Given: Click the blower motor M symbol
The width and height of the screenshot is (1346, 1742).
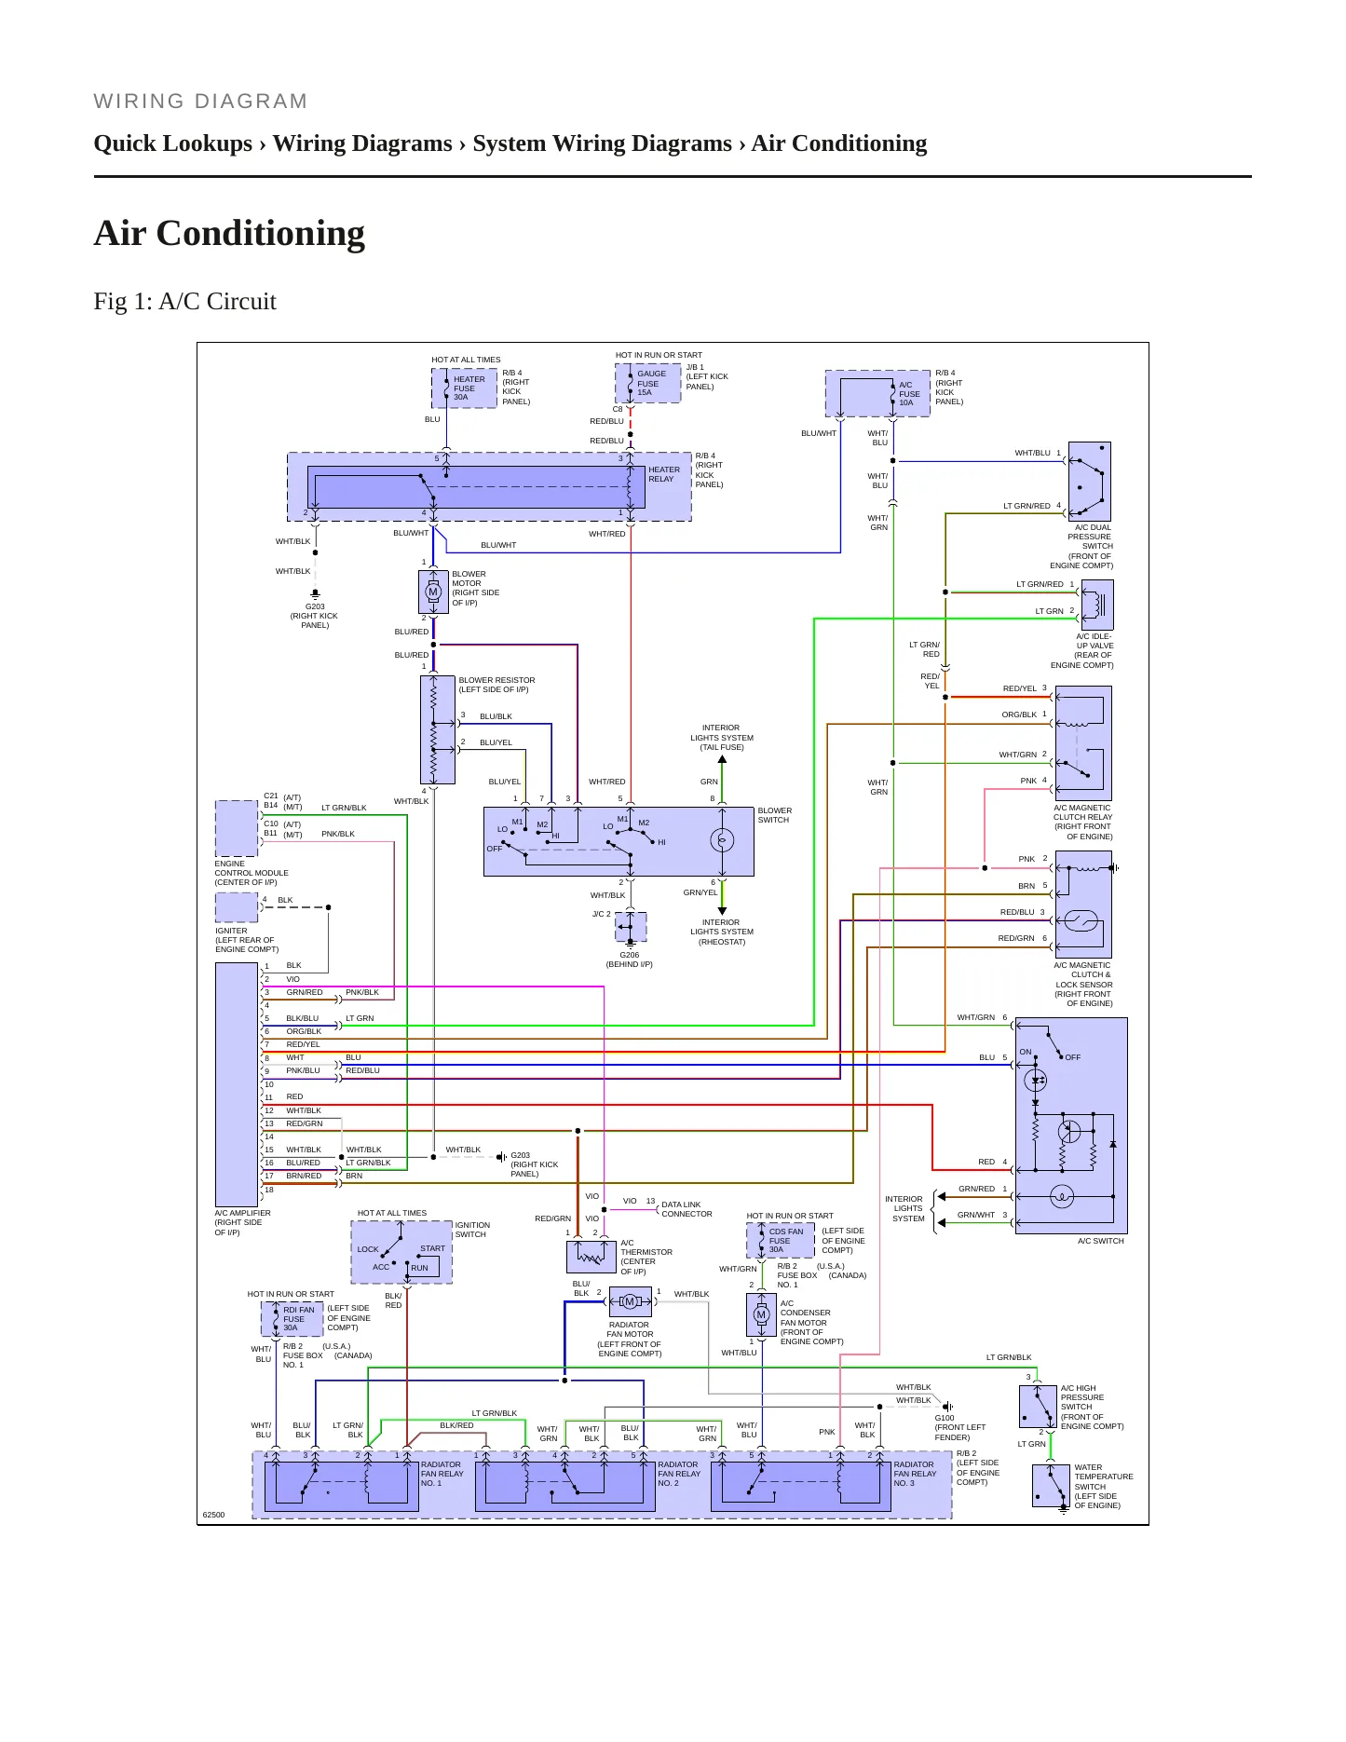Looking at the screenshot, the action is point(433,592).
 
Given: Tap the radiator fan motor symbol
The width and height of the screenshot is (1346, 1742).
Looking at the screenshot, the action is point(630,1301).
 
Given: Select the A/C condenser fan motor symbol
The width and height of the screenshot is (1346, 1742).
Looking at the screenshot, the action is point(761,1314).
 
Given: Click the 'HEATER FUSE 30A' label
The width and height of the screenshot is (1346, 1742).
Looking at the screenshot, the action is point(469,388).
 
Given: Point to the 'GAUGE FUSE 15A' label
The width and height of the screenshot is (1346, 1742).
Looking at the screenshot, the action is point(651,383).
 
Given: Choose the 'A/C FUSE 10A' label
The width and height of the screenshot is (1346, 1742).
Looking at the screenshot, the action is point(908,394).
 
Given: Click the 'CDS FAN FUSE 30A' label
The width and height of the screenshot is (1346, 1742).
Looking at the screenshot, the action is point(785,1241).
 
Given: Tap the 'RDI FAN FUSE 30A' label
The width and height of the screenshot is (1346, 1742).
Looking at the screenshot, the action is point(298,1319).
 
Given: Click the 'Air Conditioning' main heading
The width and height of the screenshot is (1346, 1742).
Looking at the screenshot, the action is point(229,233).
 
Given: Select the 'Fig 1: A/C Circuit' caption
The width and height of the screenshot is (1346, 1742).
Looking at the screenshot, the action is point(185,301).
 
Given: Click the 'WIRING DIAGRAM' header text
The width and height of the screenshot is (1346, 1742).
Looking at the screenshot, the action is point(200,102).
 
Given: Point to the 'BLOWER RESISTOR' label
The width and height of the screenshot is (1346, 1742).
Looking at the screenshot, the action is point(496,680).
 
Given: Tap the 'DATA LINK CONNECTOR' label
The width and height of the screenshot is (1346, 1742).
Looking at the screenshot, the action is point(687,1209).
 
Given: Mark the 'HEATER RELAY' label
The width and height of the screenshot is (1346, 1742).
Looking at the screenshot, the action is point(664,474).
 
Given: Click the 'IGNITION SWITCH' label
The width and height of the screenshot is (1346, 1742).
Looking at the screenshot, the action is point(472,1230).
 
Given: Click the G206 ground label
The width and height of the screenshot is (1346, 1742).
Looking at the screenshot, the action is point(630,955).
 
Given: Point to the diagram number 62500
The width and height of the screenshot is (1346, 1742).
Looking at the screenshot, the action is point(213,1515).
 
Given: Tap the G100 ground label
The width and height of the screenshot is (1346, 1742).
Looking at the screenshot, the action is point(945,1418).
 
